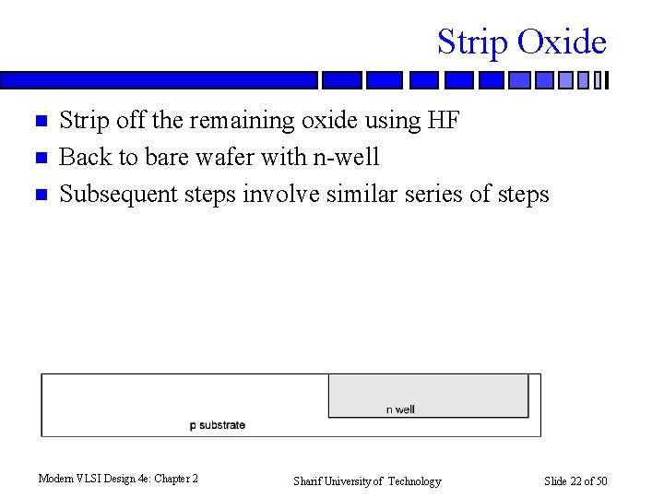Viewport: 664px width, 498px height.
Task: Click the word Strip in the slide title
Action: tap(472, 42)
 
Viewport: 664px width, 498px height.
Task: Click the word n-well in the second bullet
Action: tap(346, 158)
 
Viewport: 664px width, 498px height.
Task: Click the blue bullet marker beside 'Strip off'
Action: tap(40, 122)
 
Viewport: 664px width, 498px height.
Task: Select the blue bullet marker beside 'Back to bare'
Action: tap(40, 159)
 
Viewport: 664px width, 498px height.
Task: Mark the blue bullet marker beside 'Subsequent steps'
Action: tap(40, 196)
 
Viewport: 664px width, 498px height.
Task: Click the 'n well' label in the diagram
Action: tap(400, 409)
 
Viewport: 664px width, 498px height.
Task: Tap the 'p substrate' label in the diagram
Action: tap(218, 425)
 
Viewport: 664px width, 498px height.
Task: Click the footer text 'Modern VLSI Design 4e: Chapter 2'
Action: tap(118, 479)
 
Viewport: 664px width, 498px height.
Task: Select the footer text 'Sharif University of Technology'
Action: tap(367, 481)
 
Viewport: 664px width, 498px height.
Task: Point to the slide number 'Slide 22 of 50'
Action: tap(576, 481)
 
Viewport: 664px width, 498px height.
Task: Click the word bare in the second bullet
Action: tap(161, 158)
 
